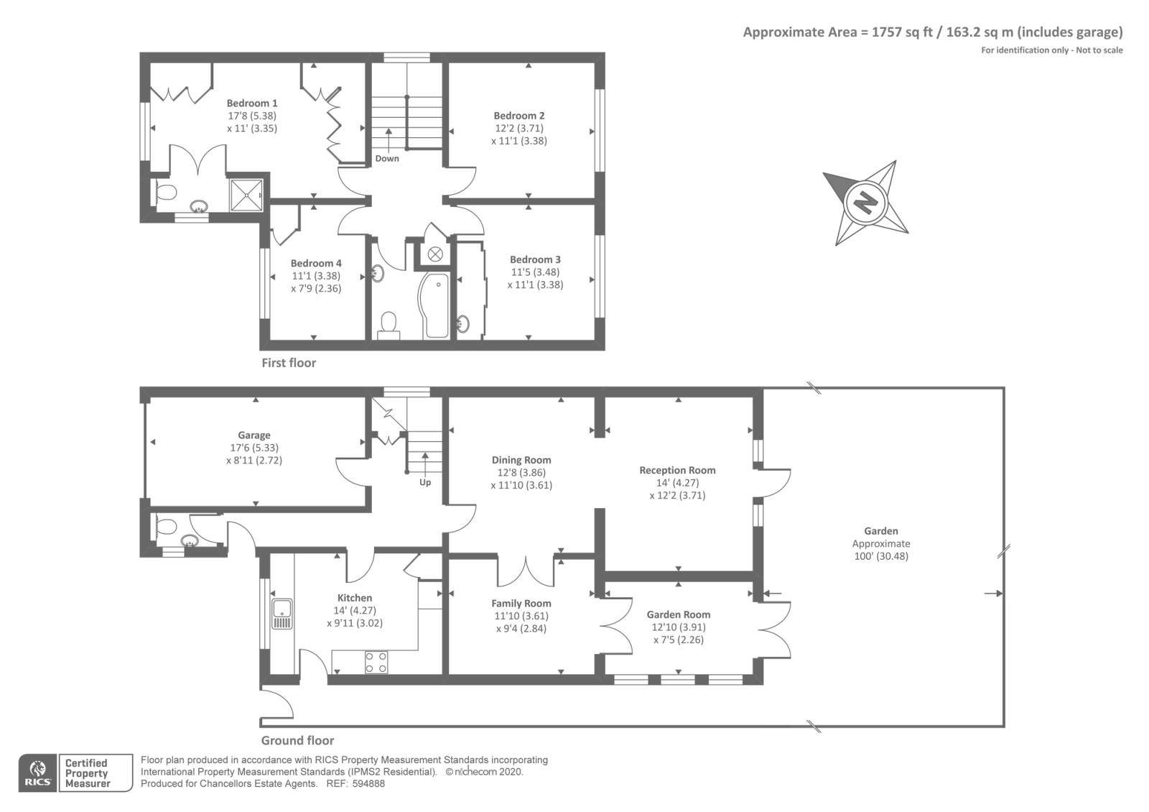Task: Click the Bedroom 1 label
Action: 252,103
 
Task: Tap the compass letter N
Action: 866,202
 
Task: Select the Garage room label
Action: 254,435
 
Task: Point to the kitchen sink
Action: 282,614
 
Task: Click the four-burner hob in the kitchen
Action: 376,662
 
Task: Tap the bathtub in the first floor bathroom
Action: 435,305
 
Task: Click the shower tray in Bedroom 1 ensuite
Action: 247,195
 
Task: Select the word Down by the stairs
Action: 387,159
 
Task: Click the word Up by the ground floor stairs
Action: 425,482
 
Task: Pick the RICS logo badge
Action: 38,773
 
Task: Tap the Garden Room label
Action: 678,614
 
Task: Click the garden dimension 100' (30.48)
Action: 881,556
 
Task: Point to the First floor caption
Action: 289,363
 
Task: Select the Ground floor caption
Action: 297,741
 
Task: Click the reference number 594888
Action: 368,784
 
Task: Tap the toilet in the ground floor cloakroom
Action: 165,527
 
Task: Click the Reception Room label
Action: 677,470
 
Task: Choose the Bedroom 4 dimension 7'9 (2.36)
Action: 316,288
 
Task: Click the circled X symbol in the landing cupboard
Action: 435,254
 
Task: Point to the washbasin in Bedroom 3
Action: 462,323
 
